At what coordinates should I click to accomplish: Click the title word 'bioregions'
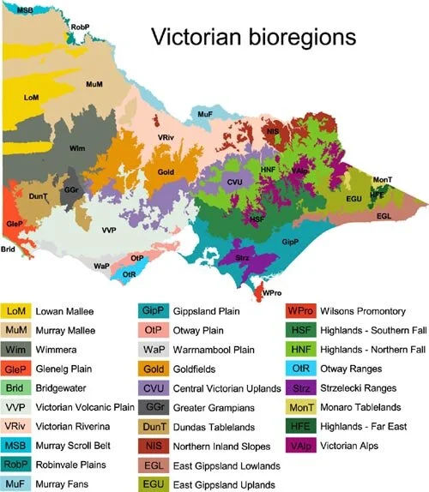click(289, 39)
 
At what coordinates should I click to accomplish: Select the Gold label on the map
click(166, 172)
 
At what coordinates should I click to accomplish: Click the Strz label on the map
click(242, 256)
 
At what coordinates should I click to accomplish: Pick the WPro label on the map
click(272, 293)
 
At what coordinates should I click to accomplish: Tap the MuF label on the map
click(204, 113)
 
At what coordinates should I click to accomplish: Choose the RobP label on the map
click(81, 28)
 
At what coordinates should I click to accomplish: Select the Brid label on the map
click(8, 249)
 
